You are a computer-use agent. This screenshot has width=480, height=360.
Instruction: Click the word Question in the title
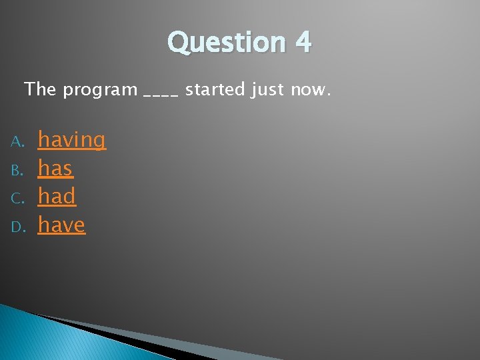[x=227, y=43]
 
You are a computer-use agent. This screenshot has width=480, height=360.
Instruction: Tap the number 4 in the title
[x=303, y=43]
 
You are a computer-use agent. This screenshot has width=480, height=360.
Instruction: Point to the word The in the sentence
[x=41, y=89]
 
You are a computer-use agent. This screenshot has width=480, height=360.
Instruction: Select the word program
[x=100, y=90]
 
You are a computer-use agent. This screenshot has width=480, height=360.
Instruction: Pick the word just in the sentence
[x=268, y=89]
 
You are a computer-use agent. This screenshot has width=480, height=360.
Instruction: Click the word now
[x=307, y=89]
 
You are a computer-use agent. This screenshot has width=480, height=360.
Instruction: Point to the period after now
[x=327, y=93]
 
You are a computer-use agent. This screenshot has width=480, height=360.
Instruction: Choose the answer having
[x=71, y=140]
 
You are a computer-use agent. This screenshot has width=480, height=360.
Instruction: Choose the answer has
[x=55, y=169]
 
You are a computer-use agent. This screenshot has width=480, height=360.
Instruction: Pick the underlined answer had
[x=57, y=197]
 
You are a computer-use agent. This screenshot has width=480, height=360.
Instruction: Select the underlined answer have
[x=61, y=225]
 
